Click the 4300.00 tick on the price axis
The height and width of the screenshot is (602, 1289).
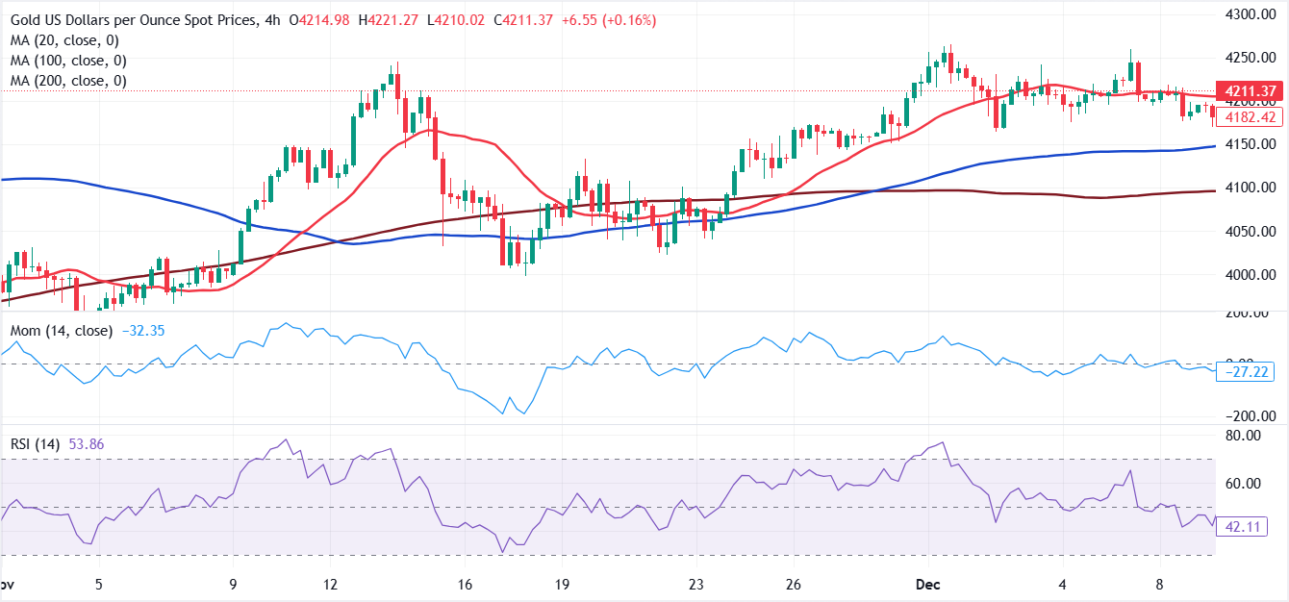pos(1251,14)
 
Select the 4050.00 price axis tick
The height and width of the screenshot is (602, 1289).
pos(1251,232)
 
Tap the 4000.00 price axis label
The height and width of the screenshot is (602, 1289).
pos(1251,275)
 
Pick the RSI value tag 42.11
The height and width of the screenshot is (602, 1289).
pos(1250,526)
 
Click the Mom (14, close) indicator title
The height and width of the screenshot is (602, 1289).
pos(63,331)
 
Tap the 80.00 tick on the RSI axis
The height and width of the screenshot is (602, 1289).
pos(1254,436)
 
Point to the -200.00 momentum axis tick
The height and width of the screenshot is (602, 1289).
pos(1251,416)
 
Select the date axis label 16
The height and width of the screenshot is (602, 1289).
pos(466,585)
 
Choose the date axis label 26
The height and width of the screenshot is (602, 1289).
pos(795,585)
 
